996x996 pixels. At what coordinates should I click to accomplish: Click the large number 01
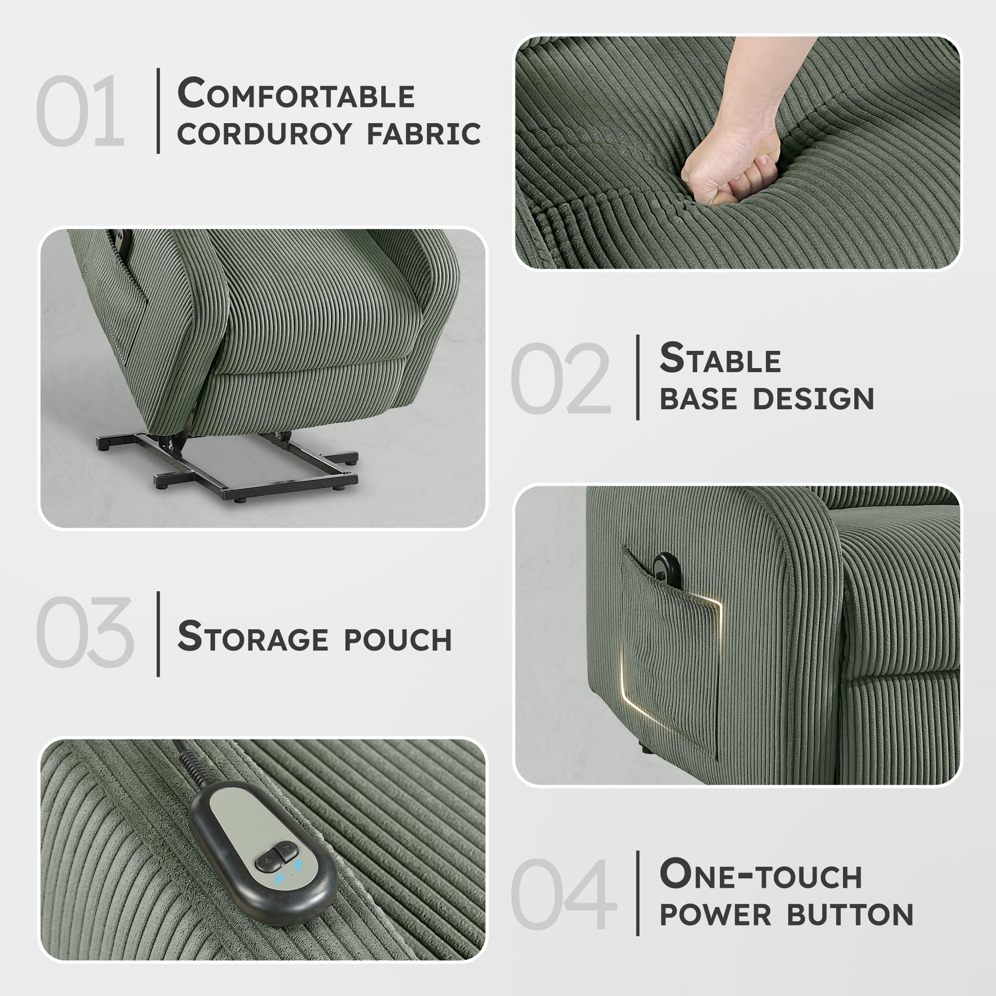(x=80, y=111)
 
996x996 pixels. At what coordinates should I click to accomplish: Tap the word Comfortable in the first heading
(x=296, y=93)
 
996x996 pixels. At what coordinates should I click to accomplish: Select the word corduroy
(x=264, y=134)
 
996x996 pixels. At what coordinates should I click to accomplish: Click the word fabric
(x=423, y=134)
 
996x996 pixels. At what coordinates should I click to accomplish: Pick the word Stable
(x=720, y=358)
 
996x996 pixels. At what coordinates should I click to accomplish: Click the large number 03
(x=85, y=632)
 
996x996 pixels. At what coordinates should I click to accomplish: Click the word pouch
(x=398, y=640)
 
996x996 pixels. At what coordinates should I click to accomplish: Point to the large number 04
(x=564, y=894)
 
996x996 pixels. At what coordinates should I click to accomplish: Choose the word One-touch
(x=761, y=874)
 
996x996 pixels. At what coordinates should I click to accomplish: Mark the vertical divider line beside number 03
(x=158, y=634)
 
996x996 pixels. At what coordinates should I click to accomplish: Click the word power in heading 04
(x=716, y=915)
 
